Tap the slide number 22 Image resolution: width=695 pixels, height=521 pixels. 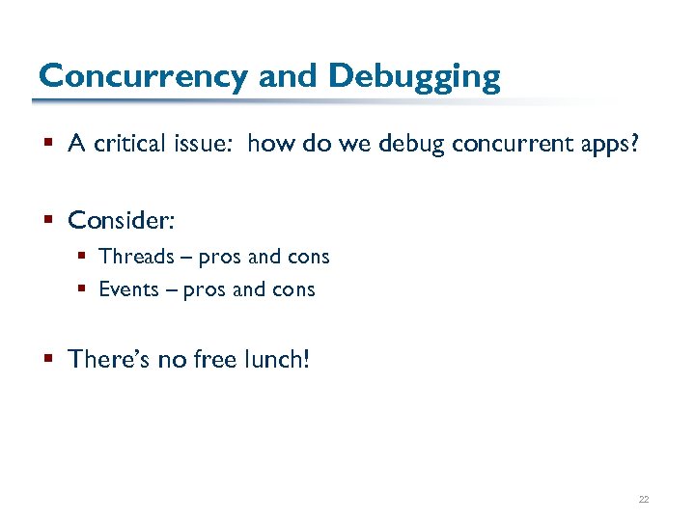click(x=643, y=499)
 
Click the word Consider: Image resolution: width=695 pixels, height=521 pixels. click(x=121, y=220)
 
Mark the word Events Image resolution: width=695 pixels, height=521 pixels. click(x=128, y=289)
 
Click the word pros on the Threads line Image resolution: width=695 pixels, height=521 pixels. click(x=219, y=258)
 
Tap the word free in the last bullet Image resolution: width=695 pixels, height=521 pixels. click(x=218, y=360)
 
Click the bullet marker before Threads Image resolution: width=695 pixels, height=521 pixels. click(x=86, y=258)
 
